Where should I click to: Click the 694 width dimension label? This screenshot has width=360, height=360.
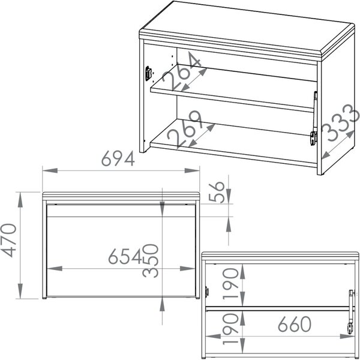tap(118, 158)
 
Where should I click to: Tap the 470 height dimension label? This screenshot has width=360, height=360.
tap(9, 240)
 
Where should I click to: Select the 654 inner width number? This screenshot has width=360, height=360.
tap(125, 256)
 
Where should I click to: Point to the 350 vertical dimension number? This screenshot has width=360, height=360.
tap(151, 260)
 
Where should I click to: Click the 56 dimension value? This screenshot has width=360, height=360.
tap(217, 192)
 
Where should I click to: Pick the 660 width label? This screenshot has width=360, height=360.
tap(295, 324)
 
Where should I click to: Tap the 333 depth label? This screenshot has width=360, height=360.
tap(340, 122)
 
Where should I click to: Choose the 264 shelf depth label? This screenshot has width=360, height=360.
tap(181, 71)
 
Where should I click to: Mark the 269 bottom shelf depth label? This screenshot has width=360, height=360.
tap(185, 128)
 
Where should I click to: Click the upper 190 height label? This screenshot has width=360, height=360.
tap(231, 284)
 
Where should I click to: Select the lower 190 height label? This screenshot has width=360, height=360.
tap(231, 329)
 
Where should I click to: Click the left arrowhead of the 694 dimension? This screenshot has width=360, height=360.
tap(50, 170)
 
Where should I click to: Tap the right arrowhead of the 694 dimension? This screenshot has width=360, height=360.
tap(192, 170)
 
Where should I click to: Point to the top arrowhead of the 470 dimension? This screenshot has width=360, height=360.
tap(20, 200)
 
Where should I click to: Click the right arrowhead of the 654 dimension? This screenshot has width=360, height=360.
tap(188, 268)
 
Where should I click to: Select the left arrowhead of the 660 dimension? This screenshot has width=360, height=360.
tap(213, 337)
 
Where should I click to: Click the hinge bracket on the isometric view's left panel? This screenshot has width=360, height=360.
tap(148, 73)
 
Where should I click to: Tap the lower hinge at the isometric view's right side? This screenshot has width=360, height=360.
tap(313, 138)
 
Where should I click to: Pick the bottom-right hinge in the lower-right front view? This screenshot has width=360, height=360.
tap(350, 328)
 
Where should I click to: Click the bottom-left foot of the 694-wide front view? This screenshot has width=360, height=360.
tap(44, 298)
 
